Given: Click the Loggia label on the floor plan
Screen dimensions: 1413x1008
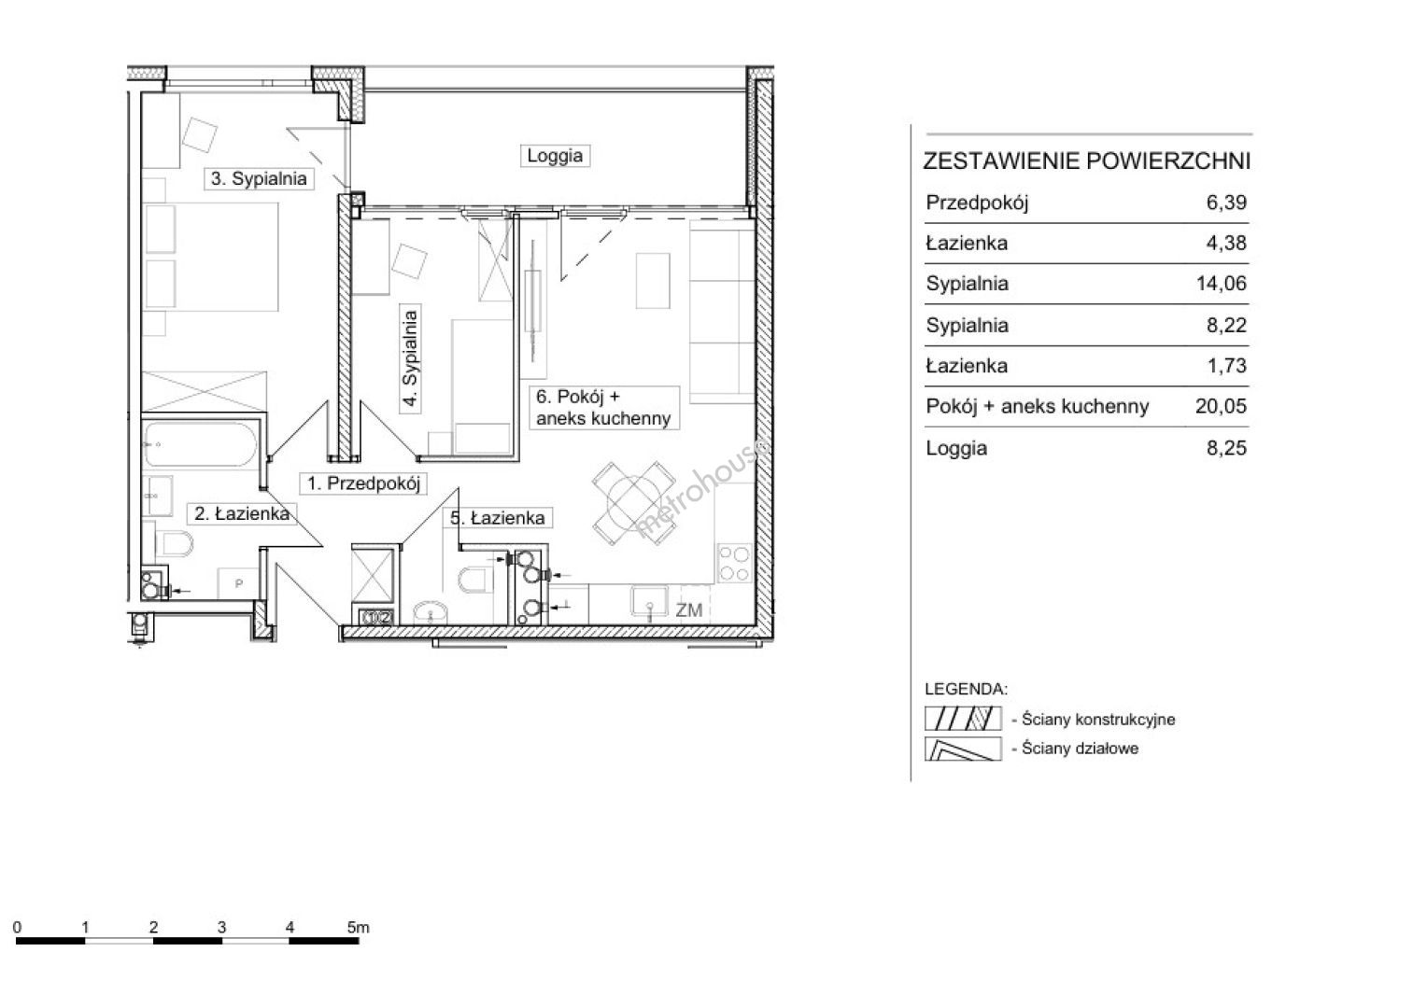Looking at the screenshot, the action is click(555, 156).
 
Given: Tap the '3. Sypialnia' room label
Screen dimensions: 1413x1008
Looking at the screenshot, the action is click(259, 178).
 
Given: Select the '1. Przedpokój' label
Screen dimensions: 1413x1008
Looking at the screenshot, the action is click(363, 483).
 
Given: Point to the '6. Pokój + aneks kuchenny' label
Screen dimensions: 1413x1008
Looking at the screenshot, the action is click(603, 407).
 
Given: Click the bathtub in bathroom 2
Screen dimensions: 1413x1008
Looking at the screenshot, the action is click(200, 443).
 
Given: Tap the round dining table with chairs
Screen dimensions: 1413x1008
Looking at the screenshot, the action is click(632, 502).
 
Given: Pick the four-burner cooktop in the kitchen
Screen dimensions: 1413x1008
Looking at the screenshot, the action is click(735, 563).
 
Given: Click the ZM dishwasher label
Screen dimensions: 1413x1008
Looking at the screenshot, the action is click(689, 610).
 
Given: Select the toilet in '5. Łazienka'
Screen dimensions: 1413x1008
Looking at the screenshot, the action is click(475, 580).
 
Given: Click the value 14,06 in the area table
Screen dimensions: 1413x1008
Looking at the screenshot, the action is click(1222, 284).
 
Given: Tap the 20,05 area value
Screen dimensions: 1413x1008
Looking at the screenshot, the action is click(1221, 406).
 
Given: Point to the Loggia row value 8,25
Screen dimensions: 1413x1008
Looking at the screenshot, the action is click(1226, 448).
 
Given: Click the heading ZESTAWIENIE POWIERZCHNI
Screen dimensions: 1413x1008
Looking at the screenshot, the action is click(1086, 161).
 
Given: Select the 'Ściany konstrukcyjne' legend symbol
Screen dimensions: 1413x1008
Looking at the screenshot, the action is click(963, 719).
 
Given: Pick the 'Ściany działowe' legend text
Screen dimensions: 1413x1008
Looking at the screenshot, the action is click(1080, 749).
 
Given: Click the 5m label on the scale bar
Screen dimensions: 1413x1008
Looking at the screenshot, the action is click(358, 928).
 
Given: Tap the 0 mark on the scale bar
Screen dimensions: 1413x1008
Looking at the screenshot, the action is click(17, 928).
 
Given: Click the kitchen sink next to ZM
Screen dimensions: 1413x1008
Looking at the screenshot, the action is click(649, 601).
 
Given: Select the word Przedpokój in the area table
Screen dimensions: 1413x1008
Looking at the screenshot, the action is click(977, 203).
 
